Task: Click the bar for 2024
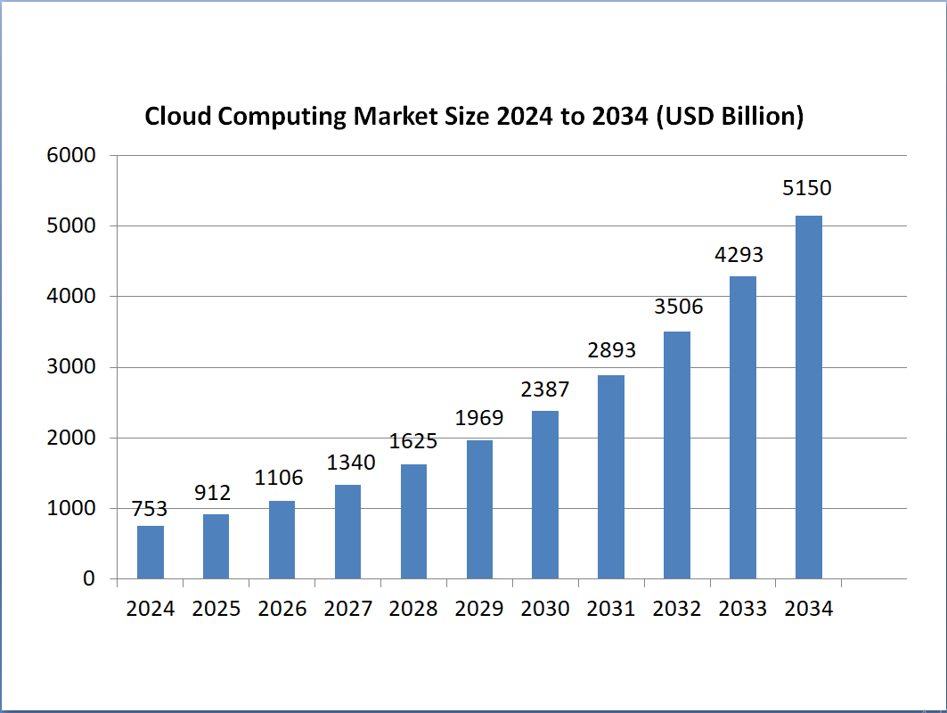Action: (x=151, y=553)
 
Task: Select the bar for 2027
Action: (x=347, y=532)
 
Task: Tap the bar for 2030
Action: (x=545, y=495)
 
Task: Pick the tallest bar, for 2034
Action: (x=809, y=397)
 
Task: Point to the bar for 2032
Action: (x=677, y=455)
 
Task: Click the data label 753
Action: (x=150, y=509)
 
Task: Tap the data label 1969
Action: (x=479, y=417)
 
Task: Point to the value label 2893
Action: (x=611, y=350)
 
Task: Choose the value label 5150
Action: (x=808, y=189)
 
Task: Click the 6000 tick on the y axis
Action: (x=70, y=156)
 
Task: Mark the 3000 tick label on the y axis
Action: (x=70, y=367)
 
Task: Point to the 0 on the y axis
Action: (x=89, y=579)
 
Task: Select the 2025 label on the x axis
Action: (x=216, y=610)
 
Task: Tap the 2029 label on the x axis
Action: (x=479, y=610)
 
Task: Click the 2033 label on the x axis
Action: (x=743, y=610)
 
